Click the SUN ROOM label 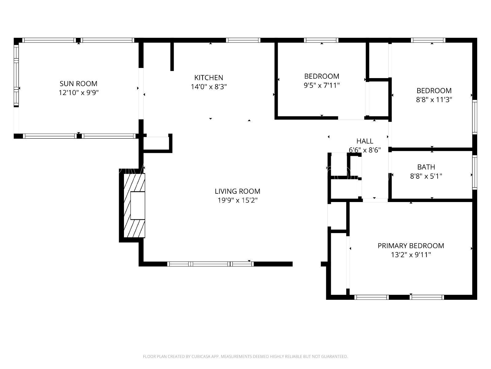click(78, 84)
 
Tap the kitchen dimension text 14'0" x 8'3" click(209, 87)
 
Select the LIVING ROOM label click(237, 191)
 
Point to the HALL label click(365, 141)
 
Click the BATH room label click(426, 167)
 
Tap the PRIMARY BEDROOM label click(411, 246)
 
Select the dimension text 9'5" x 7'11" click(322, 85)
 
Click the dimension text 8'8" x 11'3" click(434, 100)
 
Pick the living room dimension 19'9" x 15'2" click(237, 200)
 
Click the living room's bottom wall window click(211, 264)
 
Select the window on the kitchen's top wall click(243, 40)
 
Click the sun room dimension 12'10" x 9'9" click(78, 93)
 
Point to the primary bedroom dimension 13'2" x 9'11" click(411, 255)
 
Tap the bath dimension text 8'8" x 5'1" click(426, 176)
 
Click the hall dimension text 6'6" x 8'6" click(365, 150)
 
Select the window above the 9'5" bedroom click(321, 40)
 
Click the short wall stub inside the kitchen click(172, 56)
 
